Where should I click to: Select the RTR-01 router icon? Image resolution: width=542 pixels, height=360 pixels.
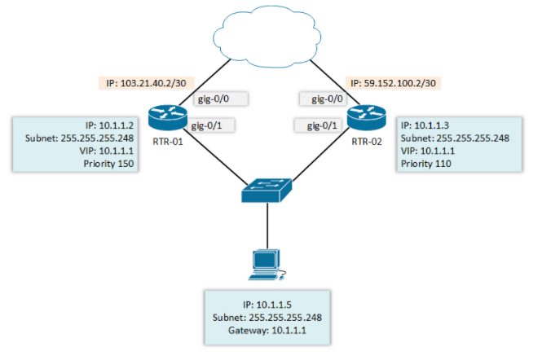point(165,117)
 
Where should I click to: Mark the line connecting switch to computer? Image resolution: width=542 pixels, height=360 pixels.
point(266,224)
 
